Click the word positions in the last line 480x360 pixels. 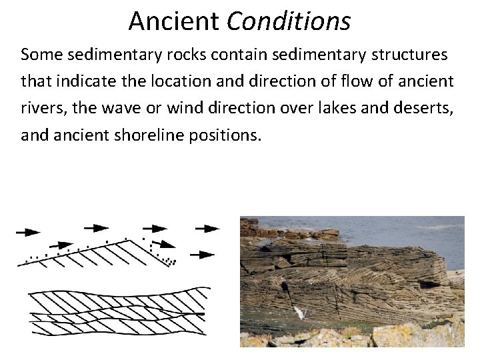[x=228, y=136]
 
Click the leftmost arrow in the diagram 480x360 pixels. [x=28, y=232]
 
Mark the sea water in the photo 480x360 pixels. [x=400, y=233]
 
